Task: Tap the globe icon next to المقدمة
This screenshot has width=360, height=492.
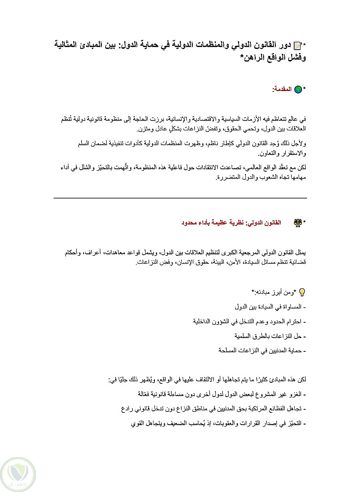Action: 298,90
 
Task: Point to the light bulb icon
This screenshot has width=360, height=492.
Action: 302,292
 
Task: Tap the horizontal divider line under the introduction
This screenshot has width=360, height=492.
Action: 180,198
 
